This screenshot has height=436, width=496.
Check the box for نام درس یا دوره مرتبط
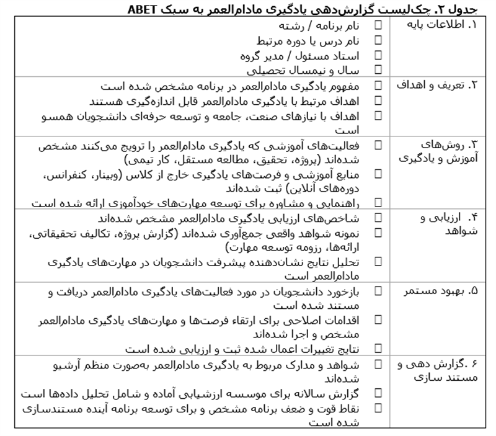point(378,40)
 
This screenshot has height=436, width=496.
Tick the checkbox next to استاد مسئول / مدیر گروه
point(378,55)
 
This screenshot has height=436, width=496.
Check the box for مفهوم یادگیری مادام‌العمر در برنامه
point(378,85)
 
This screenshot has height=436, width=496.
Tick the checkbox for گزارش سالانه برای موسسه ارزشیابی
point(378,393)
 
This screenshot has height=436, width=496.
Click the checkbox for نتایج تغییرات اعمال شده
point(378,348)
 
